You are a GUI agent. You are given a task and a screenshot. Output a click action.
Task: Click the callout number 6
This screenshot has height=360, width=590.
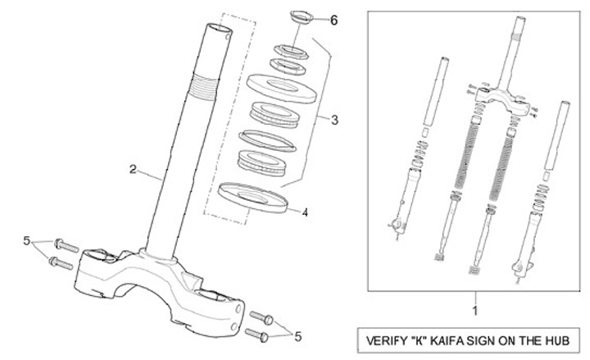(x=334, y=21)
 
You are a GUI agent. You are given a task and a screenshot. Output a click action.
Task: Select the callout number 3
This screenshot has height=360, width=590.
(x=334, y=120)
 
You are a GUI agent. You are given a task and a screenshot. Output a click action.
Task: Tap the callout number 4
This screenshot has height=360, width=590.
(x=305, y=212)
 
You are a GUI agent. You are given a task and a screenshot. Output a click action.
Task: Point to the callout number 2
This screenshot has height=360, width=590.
(x=133, y=170)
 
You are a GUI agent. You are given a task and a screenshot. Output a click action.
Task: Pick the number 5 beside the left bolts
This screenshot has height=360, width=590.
(x=27, y=241)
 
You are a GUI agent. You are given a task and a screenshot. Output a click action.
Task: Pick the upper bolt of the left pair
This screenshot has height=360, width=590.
(x=66, y=244)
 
